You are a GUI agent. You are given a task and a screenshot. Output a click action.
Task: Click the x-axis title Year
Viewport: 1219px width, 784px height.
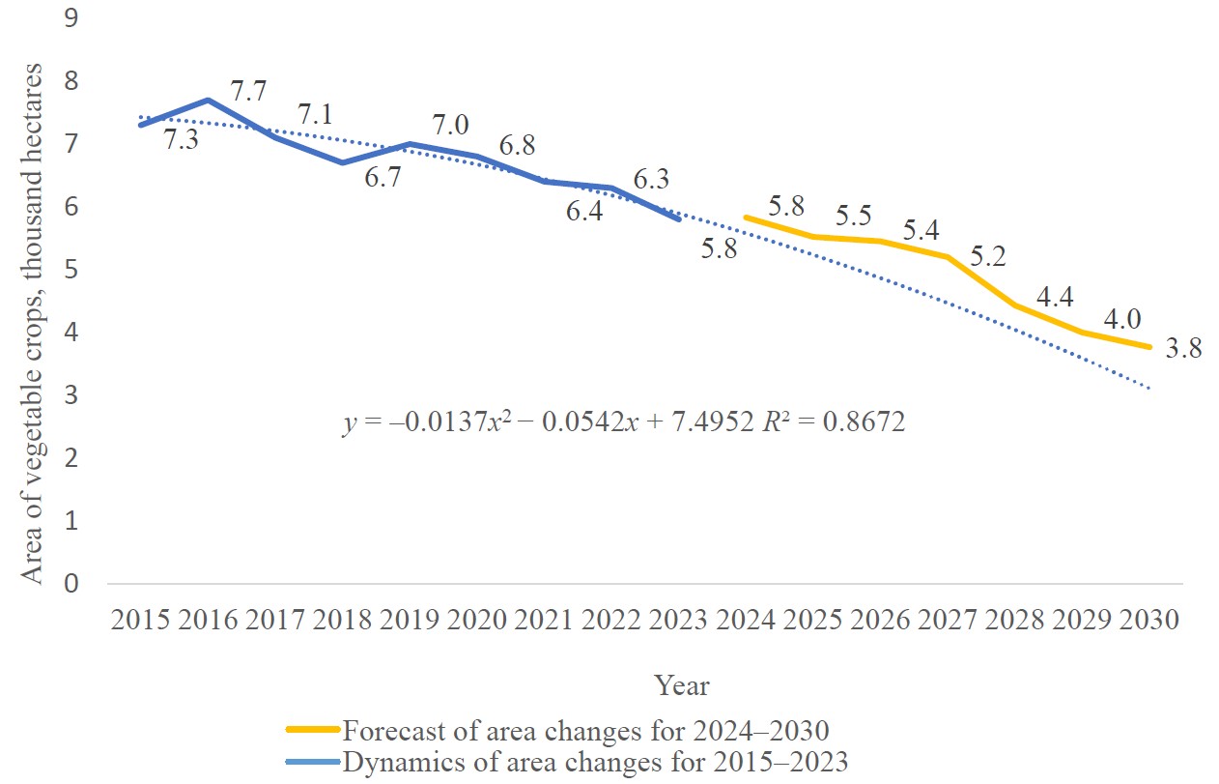point(681,686)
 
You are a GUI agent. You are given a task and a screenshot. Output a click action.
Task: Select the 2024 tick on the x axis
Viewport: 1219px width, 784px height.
point(749,620)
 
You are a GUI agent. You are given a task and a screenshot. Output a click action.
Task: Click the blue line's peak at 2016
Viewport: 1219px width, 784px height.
point(209,100)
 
